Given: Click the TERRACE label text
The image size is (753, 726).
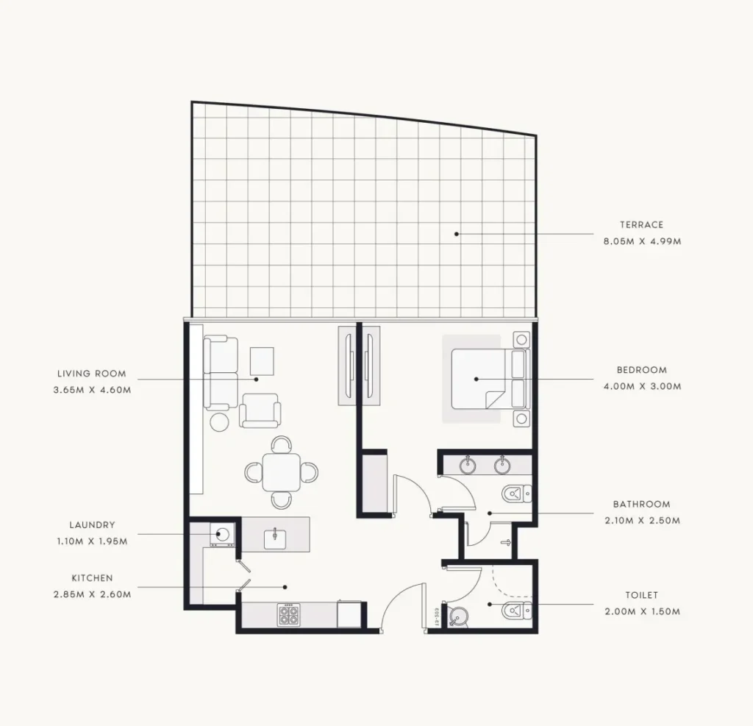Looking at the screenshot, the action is pyautogui.click(x=641, y=225).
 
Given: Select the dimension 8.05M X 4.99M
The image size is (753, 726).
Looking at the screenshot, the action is pyautogui.click(x=642, y=241).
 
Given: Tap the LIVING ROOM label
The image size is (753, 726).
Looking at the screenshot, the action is pyautogui.click(x=92, y=374).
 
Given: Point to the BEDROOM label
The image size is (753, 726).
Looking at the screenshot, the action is pyautogui.click(x=641, y=370).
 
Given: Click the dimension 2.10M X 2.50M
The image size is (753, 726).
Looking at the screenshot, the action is pyautogui.click(x=642, y=520).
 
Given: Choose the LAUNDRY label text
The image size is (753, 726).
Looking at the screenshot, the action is pyautogui.click(x=92, y=524).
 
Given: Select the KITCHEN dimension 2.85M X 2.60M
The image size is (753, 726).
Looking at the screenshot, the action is pyautogui.click(x=92, y=594).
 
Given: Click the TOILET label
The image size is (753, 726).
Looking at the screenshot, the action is pyautogui.click(x=641, y=595).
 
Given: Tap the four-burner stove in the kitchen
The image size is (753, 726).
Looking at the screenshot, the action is pyautogui.click(x=288, y=615).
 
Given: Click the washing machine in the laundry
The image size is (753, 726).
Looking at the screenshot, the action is pyautogui.click(x=222, y=534).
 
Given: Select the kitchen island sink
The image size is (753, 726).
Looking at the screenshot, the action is pyautogui.click(x=275, y=539).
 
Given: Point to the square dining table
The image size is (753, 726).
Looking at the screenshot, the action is pyautogui.click(x=282, y=472).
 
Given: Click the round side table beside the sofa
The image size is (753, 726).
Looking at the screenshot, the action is pyautogui.click(x=219, y=422).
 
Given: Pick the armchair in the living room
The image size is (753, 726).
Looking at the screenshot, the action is pyautogui.click(x=260, y=410).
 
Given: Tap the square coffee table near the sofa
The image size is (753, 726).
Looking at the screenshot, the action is pyautogui.click(x=262, y=361).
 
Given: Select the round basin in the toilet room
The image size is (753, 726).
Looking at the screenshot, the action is pyautogui.click(x=459, y=616).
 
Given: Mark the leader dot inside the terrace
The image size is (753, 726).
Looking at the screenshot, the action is pyautogui.click(x=457, y=234).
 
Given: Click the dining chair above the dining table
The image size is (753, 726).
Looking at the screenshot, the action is pyautogui.click(x=282, y=444).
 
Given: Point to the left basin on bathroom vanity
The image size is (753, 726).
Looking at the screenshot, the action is pyautogui.click(x=467, y=465).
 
